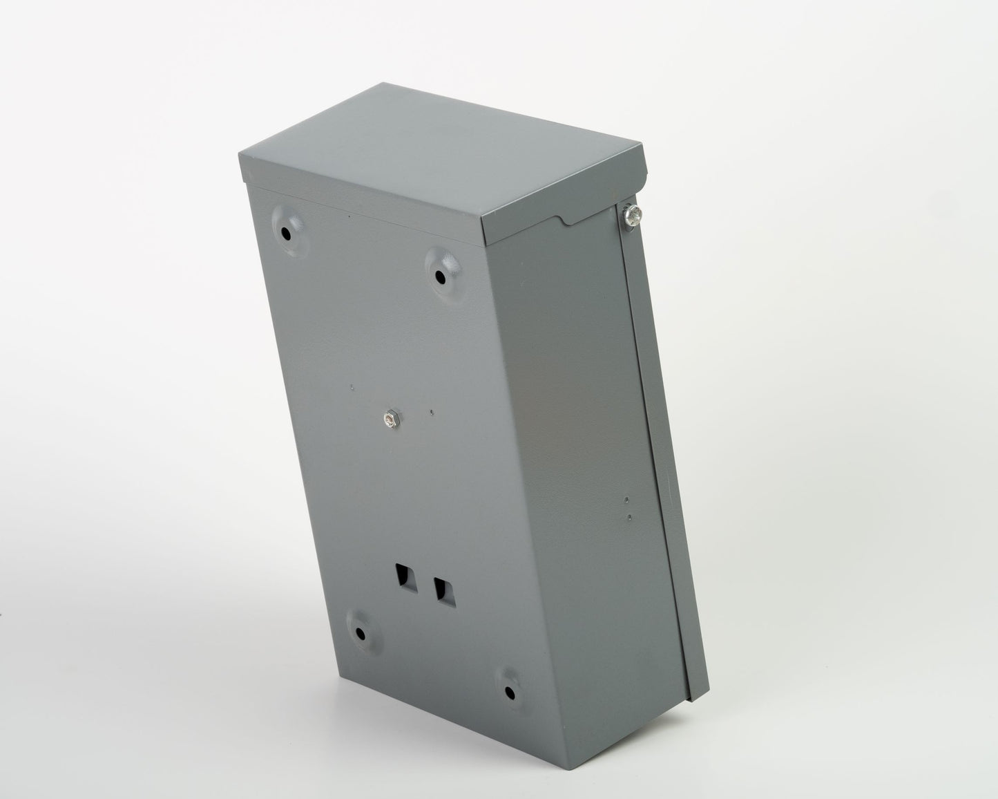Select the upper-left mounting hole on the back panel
[x=285, y=234]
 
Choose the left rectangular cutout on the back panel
[x=401, y=577]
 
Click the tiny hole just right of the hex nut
[x=432, y=413]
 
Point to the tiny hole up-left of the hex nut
[x=352, y=387]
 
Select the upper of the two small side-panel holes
[x=626, y=499]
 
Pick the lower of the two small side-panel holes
[x=628, y=515]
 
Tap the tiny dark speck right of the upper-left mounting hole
[x=349, y=216]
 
